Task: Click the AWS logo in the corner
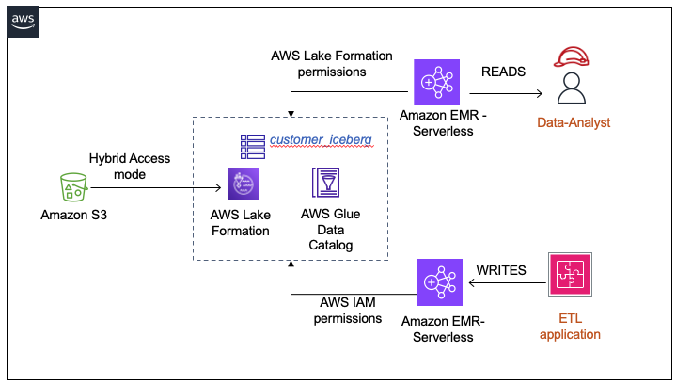[24, 21]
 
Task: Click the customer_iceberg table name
[321, 140]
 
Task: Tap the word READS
[506, 72]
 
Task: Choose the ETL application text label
[570, 325]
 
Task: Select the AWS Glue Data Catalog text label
[329, 230]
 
